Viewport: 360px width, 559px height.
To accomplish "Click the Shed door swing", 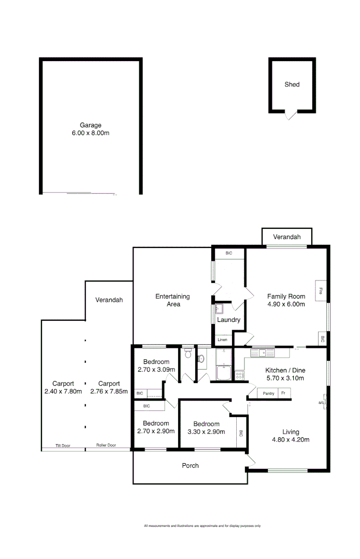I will click(x=291, y=115).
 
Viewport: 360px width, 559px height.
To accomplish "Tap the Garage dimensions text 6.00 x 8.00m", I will click(x=90, y=133).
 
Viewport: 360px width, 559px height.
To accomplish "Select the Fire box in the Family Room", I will click(x=321, y=291).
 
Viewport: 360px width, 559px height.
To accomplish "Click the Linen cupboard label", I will click(x=222, y=340).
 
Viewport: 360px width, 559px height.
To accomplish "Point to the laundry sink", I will click(x=219, y=310).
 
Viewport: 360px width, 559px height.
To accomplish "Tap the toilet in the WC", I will click(x=188, y=356).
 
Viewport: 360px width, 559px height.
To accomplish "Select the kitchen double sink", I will click(x=264, y=353).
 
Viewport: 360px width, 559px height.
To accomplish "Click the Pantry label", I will click(x=268, y=393).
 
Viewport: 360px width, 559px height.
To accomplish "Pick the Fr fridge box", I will click(x=283, y=393).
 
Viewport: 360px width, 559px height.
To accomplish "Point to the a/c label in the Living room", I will click(x=322, y=403).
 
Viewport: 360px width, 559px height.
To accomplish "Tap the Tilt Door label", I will click(x=63, y=446).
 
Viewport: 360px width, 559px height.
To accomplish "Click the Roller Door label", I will click(x=106, y=446).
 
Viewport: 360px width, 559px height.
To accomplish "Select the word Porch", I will click(x=190, y=466).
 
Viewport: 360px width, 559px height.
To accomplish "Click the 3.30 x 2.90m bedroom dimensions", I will click(x=206, y=431).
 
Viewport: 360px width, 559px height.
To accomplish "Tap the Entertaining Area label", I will click(x=172, y=300).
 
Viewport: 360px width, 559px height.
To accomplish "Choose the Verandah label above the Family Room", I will click(x=287, y=237).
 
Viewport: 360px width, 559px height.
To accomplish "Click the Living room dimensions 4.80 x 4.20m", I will click(x=291, y=440).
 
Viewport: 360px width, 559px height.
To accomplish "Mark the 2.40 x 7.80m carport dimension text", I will click(x=63, y=391).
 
